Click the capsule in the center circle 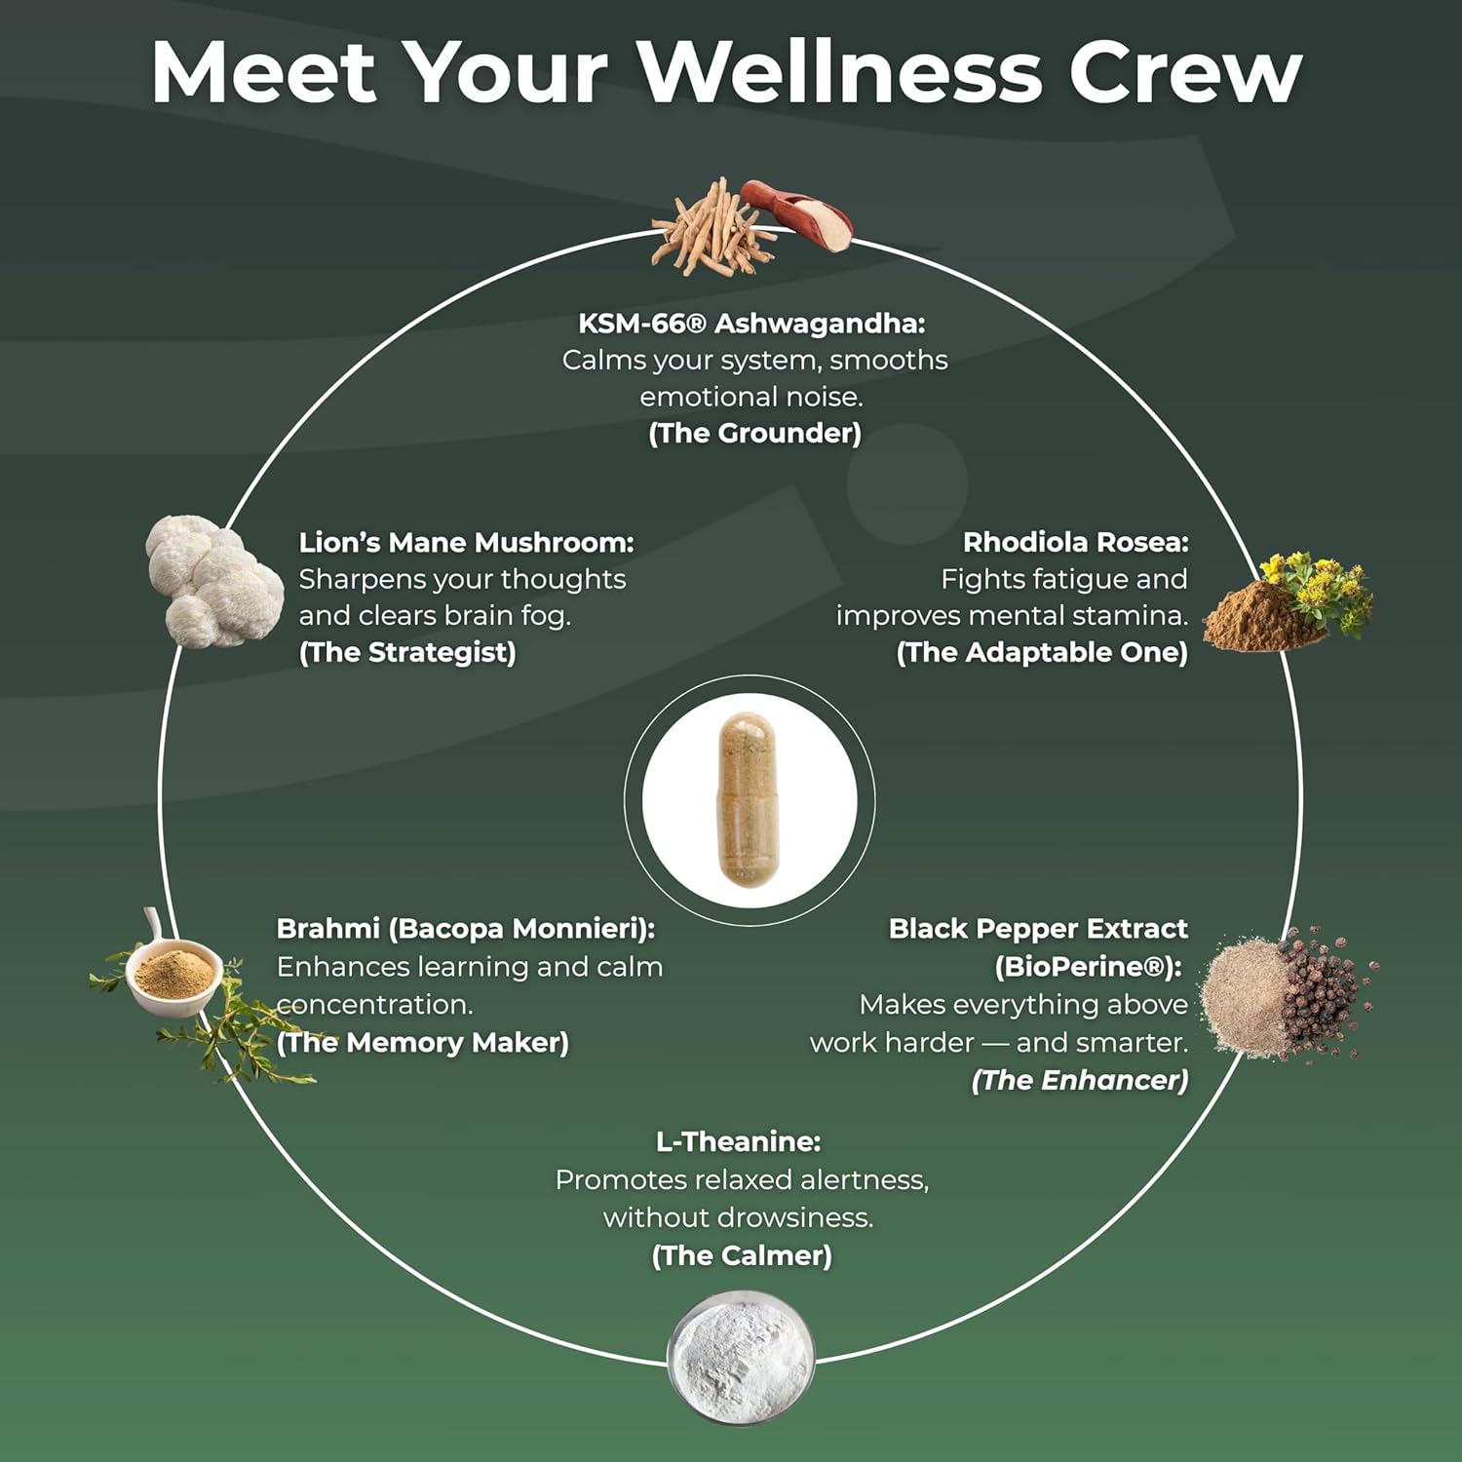[749, 799]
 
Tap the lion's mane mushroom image [201, 582]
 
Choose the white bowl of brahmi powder [173, 976]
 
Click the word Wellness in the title [839, 73]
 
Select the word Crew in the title [1185, 73]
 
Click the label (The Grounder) [754, 434]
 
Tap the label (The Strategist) [407, 652]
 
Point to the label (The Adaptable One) [1042, 652]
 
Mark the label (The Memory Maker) [423, 1043]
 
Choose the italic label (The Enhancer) [1080, 1080]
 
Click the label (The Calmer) [742, 1255]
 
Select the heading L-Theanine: [738, 1141]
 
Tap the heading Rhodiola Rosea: [1075, 542]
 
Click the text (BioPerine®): [1088, 967]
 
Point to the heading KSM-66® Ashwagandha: [751, 323]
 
